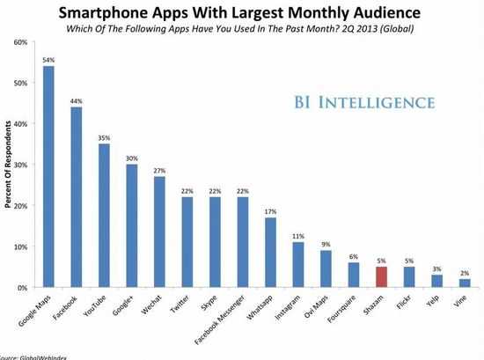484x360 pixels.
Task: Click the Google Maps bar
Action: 48,176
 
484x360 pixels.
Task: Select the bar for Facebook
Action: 77,197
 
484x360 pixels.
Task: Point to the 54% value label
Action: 48,59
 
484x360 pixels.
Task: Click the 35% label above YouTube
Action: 105,137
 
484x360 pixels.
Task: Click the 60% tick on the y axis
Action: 18,42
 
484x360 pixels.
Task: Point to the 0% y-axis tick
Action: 19,288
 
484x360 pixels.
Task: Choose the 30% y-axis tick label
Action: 18,165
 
